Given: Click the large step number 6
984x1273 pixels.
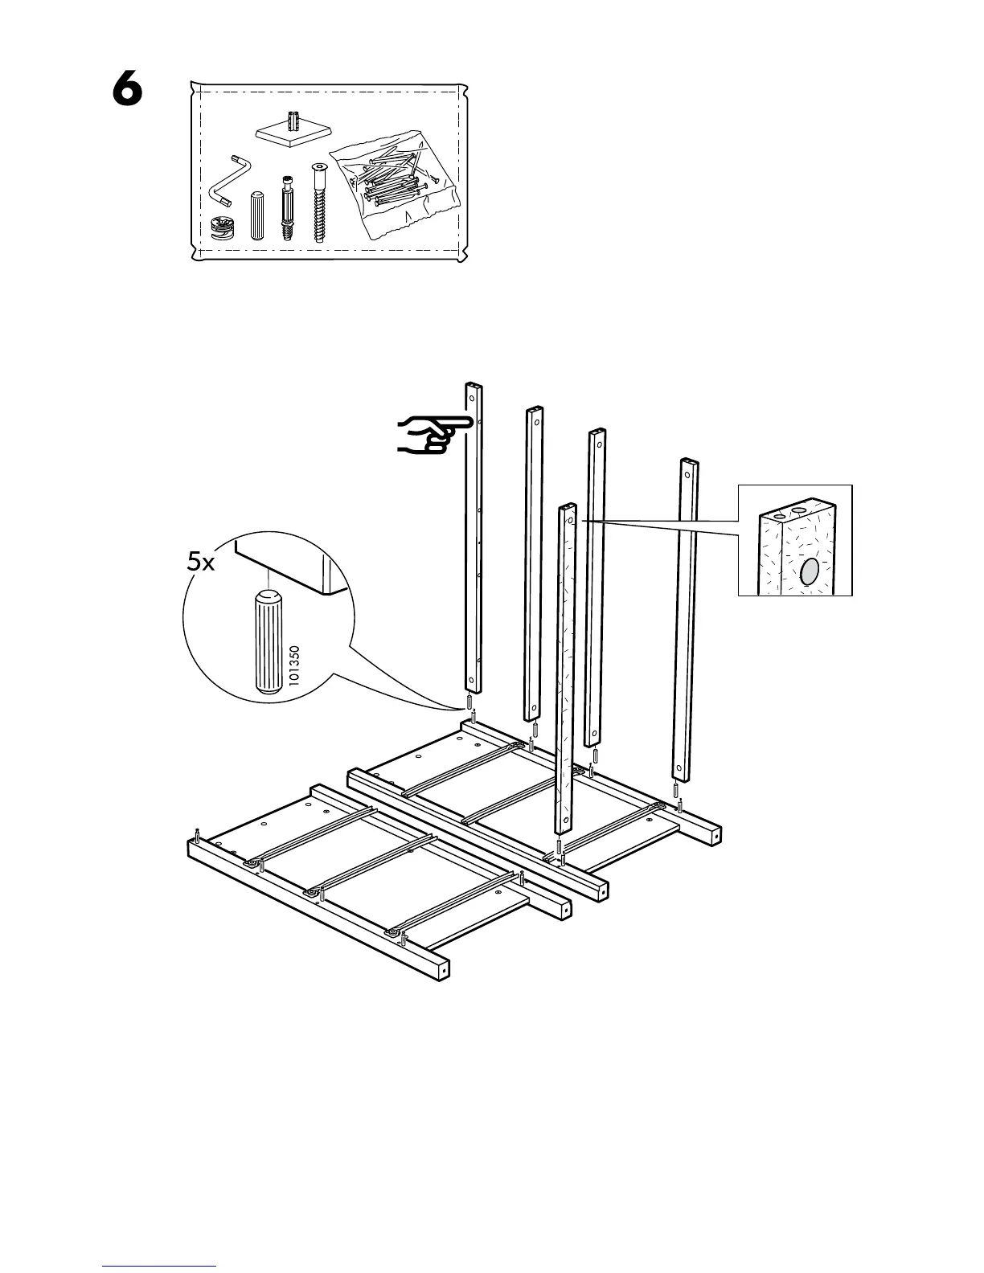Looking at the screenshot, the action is coord(127,88).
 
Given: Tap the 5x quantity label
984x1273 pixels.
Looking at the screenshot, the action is coord(200,563).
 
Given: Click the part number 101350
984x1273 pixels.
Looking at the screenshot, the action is coord(294,665).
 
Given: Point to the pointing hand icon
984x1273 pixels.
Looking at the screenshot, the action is coord(434,435).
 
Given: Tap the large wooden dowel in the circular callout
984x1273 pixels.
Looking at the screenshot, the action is coord(268,641).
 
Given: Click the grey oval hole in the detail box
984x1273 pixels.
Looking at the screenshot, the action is coord(810,571).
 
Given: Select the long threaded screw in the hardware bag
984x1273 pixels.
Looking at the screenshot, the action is coord(319,202).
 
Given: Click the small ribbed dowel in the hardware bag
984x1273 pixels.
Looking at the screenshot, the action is coord(257,215).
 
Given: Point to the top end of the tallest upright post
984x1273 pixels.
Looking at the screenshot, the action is coord(474,385).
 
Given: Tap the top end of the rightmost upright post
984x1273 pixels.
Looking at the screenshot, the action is coord(689,461).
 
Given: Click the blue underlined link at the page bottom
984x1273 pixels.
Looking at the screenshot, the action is coord(159,1250).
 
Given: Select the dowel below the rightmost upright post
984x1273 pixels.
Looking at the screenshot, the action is coord(676,789).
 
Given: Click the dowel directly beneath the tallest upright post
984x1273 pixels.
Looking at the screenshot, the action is coord(469,702).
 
